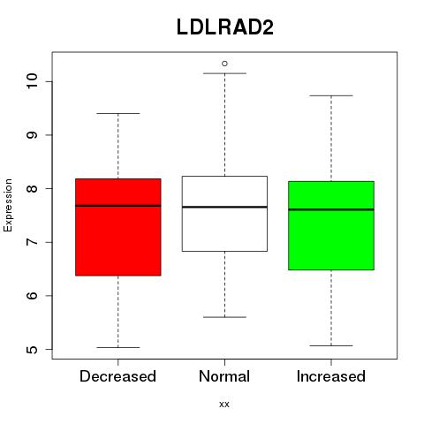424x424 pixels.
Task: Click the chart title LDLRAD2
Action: (225, 27)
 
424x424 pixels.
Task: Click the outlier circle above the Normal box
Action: (224, 64)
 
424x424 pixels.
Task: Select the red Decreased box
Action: (118, 227)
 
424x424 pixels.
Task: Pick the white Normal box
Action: (224, 214)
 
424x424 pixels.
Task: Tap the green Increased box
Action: (331, 225)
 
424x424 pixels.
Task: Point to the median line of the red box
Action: (118, 206)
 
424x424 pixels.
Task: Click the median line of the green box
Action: (331, 209)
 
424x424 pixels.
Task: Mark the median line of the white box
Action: (224, 207)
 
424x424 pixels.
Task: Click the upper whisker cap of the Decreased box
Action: (118, 113)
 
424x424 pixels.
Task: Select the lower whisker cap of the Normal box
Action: (224, 317)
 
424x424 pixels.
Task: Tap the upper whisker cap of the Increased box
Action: (331, 95)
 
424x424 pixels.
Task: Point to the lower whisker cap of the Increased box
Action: (331, 345)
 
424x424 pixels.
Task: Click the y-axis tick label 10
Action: (32, 81)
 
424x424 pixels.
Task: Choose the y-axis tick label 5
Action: (32, 350)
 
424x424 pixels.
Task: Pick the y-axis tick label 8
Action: (32, 188)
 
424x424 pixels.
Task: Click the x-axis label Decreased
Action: (117, 376)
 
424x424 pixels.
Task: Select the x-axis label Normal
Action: (224, 376)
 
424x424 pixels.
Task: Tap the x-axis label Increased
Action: (331, 376)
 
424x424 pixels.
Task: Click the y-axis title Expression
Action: (8, 205)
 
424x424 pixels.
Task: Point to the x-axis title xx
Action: (224, 405)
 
